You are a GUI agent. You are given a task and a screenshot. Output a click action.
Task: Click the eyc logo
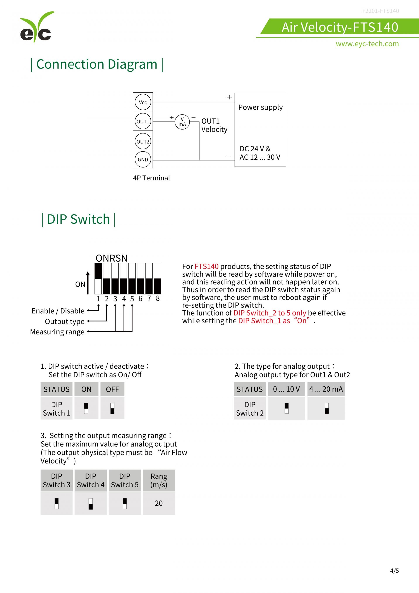pos(36,27)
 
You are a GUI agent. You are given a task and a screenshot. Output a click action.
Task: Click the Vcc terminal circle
pos(143,102)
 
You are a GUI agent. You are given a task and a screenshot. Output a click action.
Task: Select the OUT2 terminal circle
pos(143,141)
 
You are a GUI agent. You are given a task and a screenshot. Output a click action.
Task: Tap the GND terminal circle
pos(143,159)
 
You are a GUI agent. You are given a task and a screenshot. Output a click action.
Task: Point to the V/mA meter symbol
pos(182,122)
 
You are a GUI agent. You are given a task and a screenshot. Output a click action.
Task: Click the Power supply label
pos(260,107)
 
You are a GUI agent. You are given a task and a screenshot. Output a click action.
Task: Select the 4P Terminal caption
pos(151,178)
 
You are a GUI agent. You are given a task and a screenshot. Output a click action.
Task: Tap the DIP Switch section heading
pos(78,219)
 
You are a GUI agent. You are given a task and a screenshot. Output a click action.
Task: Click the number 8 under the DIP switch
pos(158,298)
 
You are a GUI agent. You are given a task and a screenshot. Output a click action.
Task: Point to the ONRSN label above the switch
pos(112,258)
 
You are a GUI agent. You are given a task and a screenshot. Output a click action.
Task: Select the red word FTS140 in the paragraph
pos(206,266)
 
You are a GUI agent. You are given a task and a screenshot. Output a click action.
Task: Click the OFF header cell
pos(112,389)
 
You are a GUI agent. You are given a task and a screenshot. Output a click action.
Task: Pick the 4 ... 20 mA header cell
pos(326,389)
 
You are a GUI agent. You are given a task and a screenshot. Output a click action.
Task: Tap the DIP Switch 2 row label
pos(250,409)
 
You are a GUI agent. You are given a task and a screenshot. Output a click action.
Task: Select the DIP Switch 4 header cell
pos(91,480)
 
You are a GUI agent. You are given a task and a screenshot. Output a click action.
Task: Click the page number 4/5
pos(394,571)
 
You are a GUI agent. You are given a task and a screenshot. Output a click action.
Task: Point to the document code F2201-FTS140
pos(381,11)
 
